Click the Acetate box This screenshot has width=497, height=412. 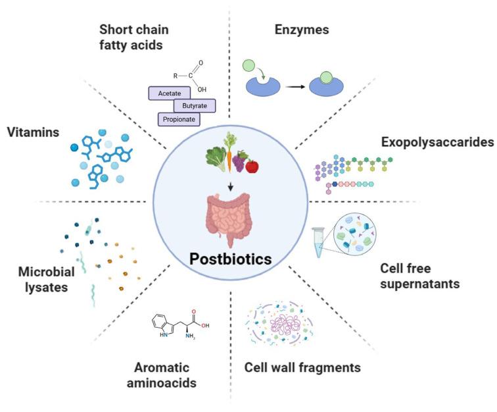(170, 94)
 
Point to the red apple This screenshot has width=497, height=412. (252, 166)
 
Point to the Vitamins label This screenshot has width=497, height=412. (31, 132)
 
